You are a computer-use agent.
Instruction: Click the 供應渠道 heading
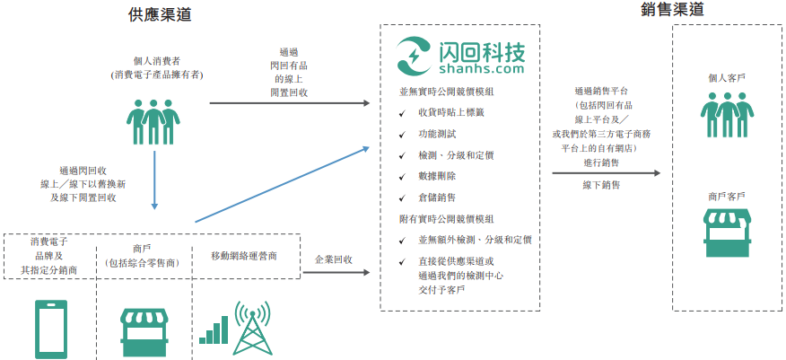(x=161, y=14)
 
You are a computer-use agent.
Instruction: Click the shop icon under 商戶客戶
(x=727, y=233)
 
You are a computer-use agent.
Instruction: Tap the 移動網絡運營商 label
(x=244, y=256)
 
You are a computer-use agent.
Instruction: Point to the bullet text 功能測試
(x=438, y=133)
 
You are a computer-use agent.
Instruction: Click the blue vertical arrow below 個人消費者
(x=155, y=180)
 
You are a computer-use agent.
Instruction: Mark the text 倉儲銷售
(x=437, y=197)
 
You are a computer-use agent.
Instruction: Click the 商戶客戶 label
(x=727, y=196)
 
